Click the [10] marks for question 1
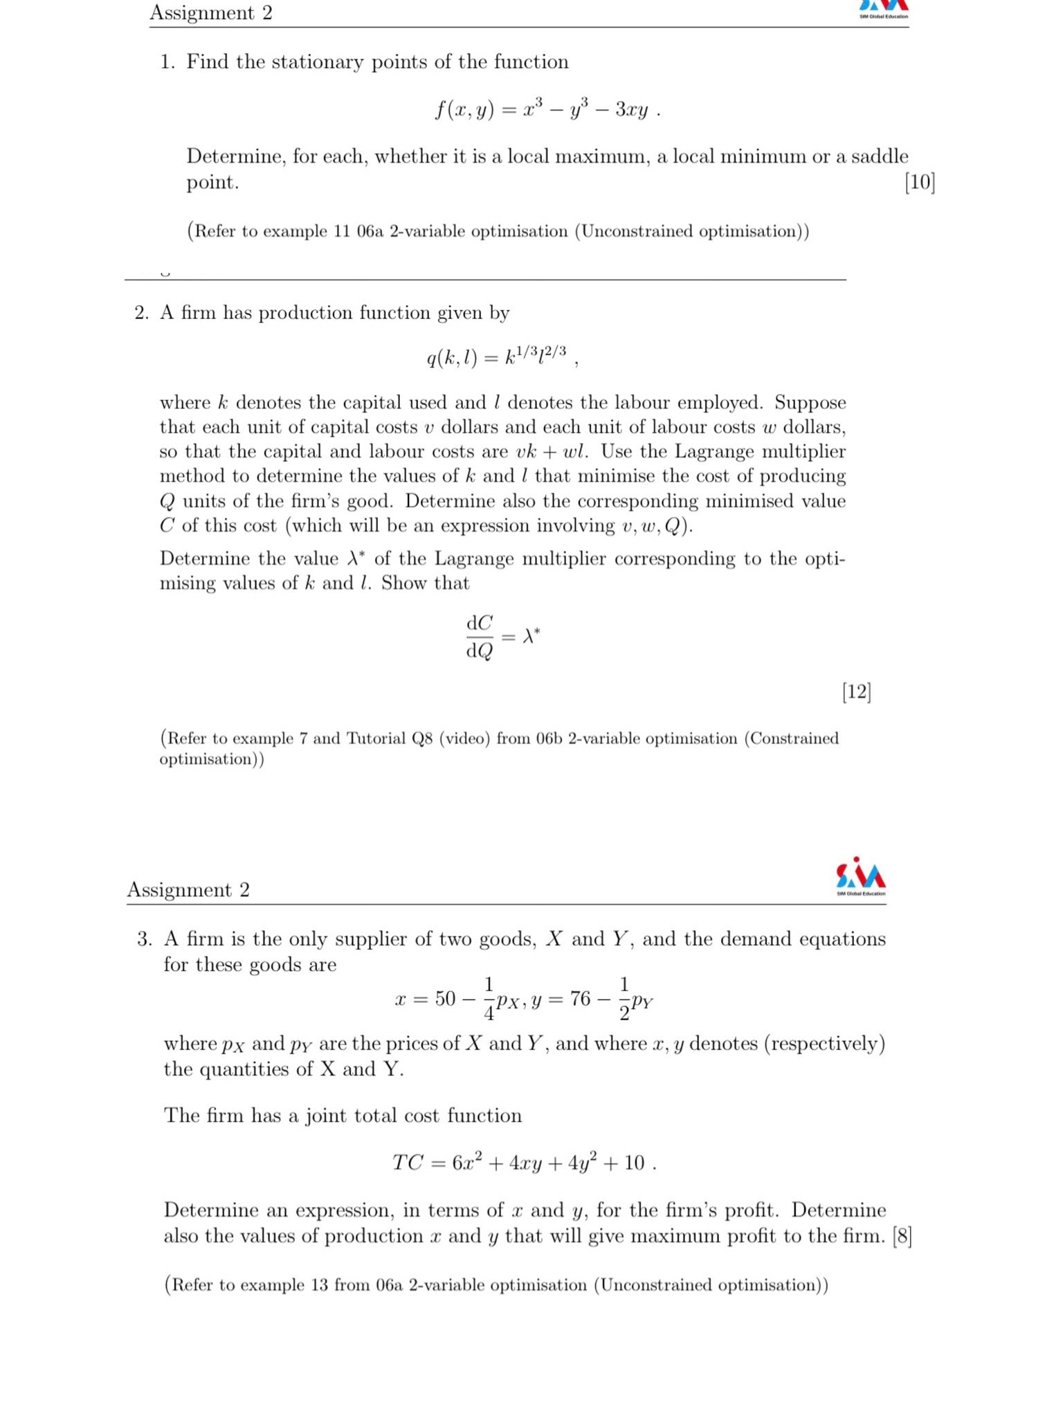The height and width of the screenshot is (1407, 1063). point(919,182)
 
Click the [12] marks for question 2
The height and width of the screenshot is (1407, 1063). point(856,691)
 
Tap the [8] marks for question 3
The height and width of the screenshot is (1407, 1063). point(902,1236)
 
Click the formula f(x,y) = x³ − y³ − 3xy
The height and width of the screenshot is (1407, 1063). point(547,109)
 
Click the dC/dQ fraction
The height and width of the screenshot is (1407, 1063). point(480,637)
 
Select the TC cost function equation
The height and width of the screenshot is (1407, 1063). point(523,1163)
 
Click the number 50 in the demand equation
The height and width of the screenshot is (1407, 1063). point(445,999)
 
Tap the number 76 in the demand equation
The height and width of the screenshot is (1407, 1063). point(580,999)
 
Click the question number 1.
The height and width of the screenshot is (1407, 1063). point(167,62)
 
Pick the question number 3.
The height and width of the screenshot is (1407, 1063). point(144,939)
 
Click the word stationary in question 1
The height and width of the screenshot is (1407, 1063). point(316,62)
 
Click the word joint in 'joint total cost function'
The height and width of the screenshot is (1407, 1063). point(326,1116)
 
